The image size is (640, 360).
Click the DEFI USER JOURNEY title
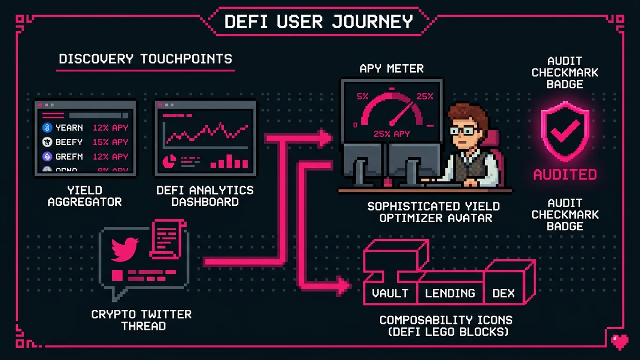319,22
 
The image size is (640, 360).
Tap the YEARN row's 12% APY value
110,127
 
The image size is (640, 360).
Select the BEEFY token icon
47,142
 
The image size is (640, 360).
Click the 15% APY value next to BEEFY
110,142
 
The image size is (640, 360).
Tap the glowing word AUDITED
565,175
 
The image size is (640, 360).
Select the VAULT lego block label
390,293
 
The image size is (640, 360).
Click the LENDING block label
450,293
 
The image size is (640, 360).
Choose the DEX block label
504,293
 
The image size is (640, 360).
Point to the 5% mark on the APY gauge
362,97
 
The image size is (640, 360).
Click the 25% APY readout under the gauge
392,134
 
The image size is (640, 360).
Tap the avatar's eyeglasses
463,130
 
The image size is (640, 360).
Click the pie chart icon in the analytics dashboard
168,162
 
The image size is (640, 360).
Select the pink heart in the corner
619,341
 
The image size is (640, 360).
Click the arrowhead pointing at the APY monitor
326,138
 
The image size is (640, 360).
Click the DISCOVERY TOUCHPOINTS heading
145,59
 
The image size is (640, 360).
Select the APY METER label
392,68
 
